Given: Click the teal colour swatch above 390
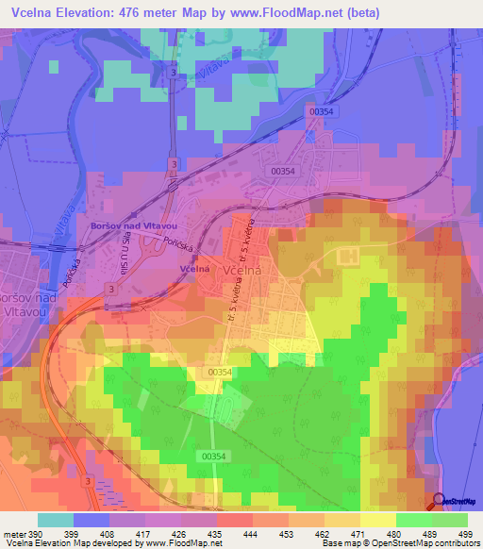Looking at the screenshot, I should [56, 520].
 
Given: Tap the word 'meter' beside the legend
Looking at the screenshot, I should [14, 534].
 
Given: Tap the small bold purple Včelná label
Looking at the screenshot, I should [193, 268].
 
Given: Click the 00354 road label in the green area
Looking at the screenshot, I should [216, 456].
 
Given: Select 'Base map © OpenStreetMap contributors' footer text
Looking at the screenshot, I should [399, 543].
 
